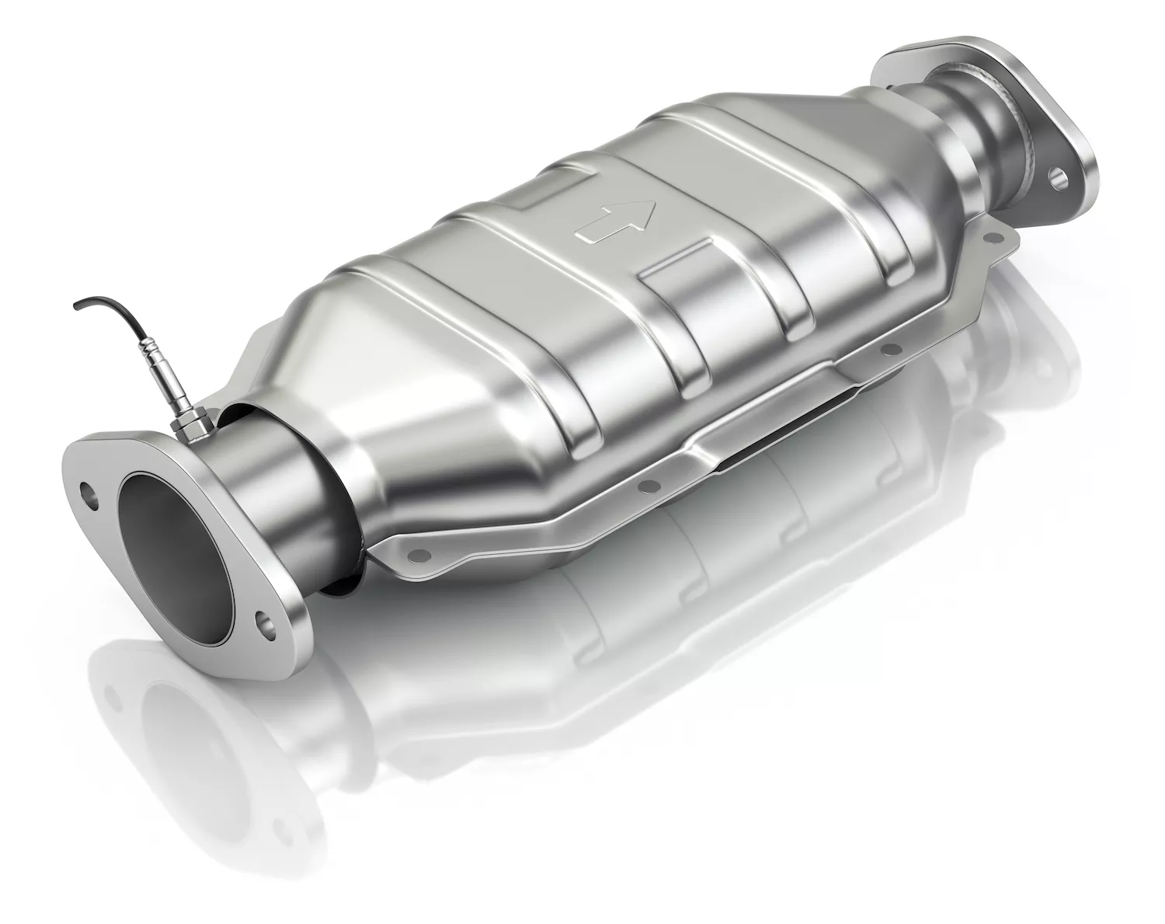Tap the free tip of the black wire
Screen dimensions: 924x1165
tap(76, 309)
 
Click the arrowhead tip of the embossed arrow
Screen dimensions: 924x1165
tap(649, 204)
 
